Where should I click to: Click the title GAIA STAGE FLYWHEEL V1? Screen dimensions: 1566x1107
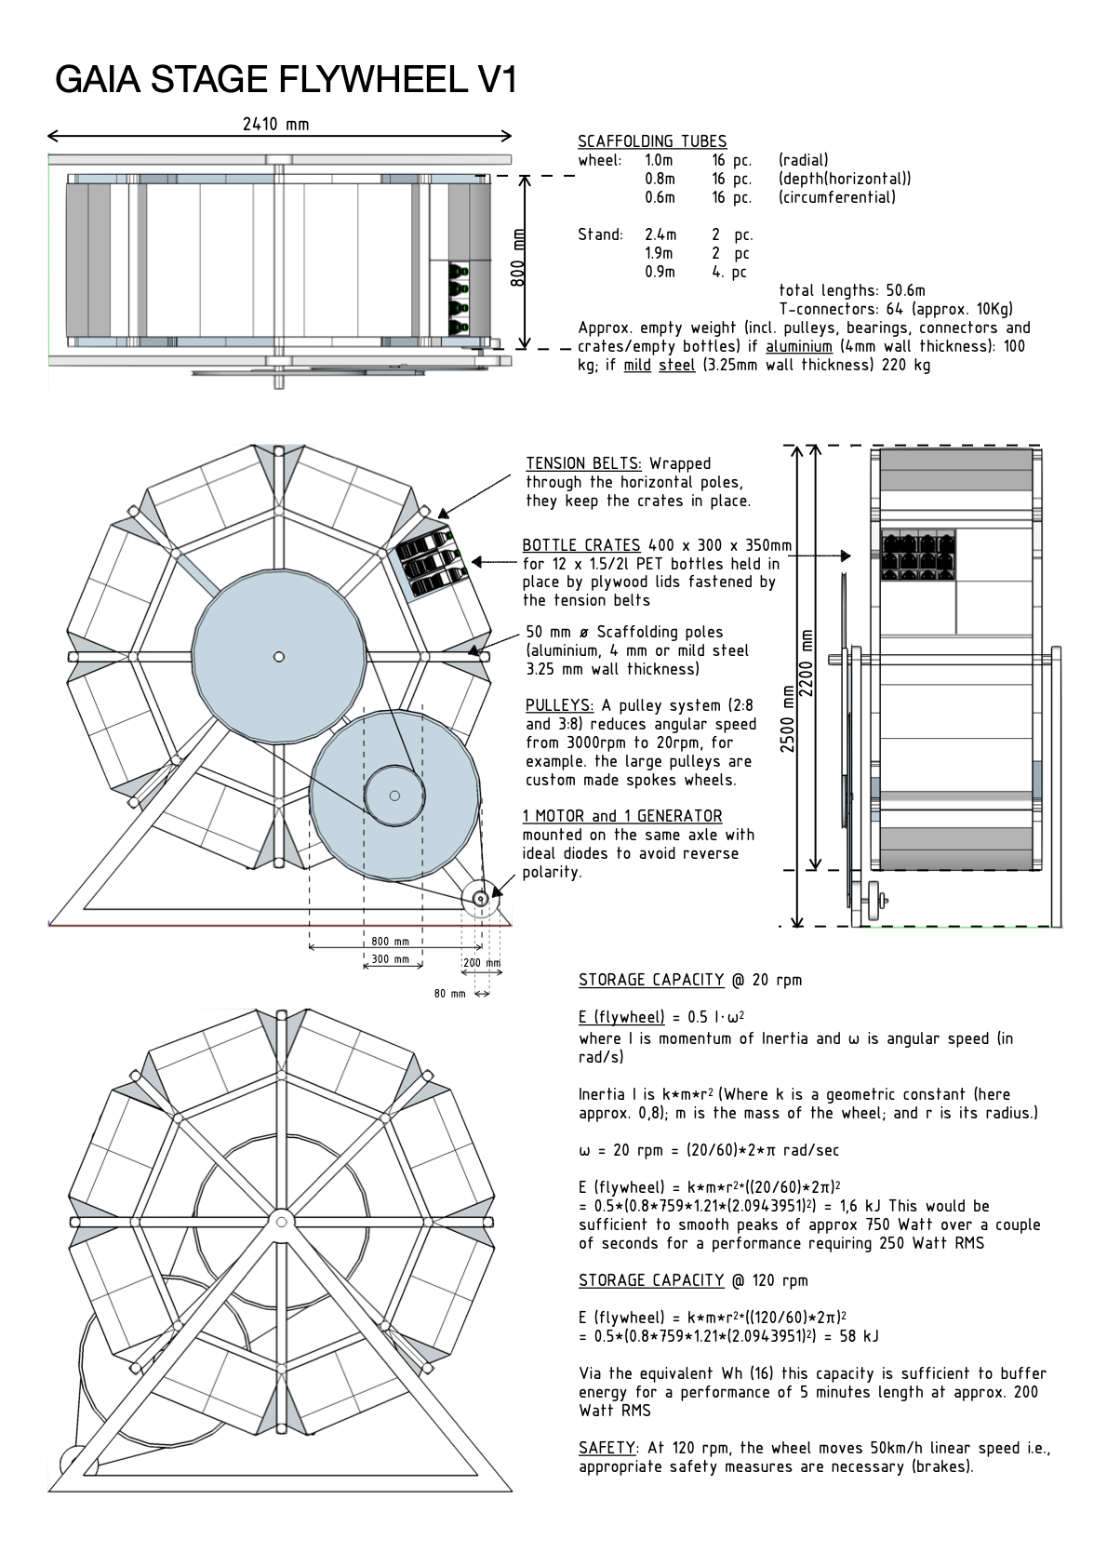point(286,80)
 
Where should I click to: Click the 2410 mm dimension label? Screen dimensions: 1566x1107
point(275,124)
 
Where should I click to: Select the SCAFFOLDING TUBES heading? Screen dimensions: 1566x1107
point(652,141)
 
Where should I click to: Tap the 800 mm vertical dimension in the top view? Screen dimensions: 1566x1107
point(519,258)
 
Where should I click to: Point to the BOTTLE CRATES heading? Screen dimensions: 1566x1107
point(581,545)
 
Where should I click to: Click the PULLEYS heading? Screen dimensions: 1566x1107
point(559,705)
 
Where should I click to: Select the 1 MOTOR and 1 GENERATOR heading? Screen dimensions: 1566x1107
point(621,816)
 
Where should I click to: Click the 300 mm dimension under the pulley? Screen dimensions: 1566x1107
point(390,959)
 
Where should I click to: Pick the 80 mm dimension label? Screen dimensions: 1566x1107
point(449,994)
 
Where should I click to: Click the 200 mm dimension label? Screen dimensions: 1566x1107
point(482,963)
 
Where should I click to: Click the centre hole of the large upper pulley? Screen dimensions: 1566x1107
point(278,657)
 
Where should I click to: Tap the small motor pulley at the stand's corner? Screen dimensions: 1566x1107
point(480,898)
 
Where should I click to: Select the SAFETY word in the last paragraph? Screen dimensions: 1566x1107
point(607,1448)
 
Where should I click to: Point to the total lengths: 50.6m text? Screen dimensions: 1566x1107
point(851,290)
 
